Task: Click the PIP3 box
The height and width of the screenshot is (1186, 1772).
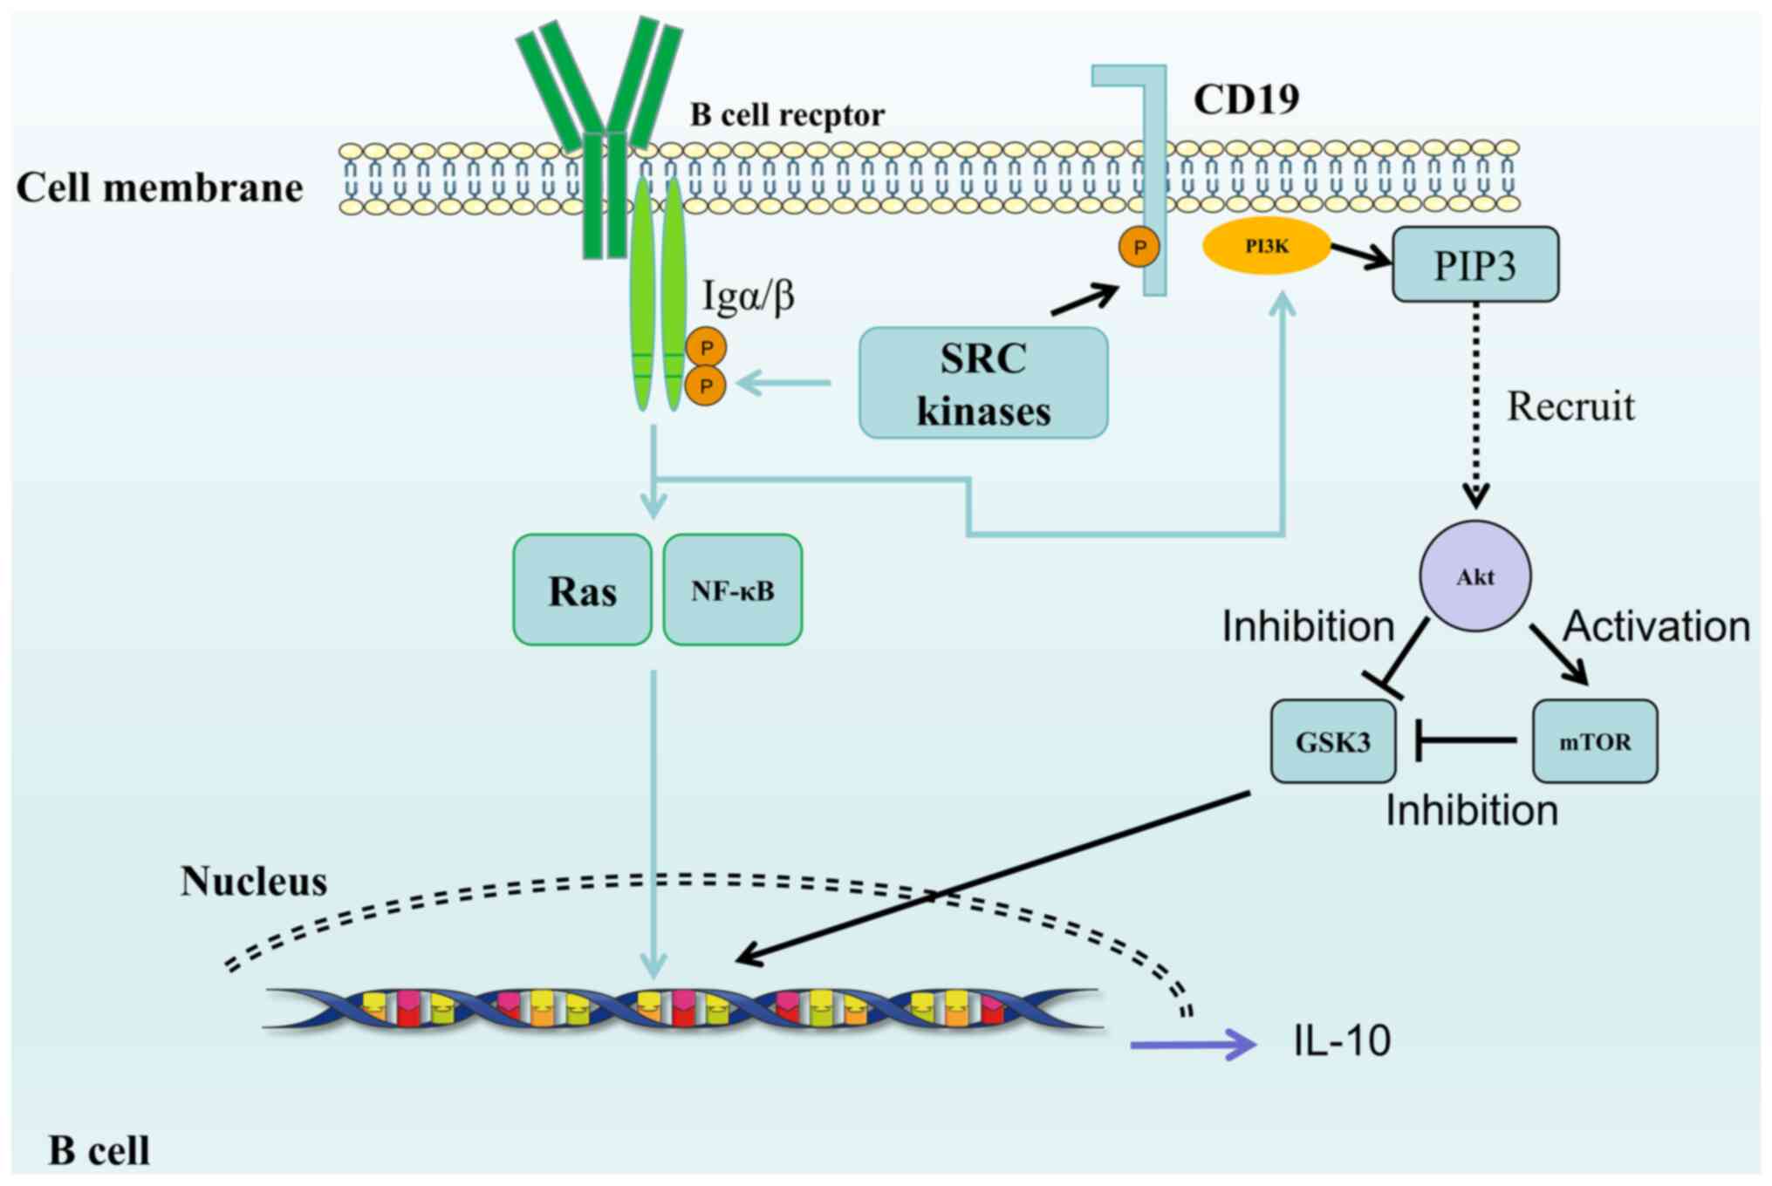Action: tap(1474, 265)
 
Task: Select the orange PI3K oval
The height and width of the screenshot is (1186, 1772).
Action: tap(1266, 247)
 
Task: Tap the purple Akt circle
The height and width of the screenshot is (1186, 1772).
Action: tap(1474, 576)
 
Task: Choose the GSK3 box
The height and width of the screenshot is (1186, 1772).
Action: tap(1332, 741)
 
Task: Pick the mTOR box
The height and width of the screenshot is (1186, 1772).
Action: tap(1594, 741)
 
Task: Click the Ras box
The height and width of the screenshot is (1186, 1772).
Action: tap(582, 590)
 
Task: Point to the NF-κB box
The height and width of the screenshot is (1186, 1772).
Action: tap(732, 590)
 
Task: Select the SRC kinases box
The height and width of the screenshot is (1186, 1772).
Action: tap(983, 384)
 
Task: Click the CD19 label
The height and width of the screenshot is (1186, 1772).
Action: tap(1246, 99)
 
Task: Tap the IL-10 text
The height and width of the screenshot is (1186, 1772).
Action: tap(1342, 1040)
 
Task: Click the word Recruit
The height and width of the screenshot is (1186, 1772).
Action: tap(1570, 406)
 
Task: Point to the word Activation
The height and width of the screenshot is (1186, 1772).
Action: tap(1656, 626)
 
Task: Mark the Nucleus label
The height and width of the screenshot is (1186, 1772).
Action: tap(254, 882)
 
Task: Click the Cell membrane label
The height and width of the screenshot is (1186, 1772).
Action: tap(160, 187)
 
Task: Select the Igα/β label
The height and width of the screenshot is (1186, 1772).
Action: tap(749, 296)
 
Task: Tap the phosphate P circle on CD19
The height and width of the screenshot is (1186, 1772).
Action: tap(1139, 247)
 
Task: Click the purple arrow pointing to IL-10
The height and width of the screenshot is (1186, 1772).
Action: tap(1192, 1044)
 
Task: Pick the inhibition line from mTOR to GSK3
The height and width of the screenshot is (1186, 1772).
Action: tap(1466, 740)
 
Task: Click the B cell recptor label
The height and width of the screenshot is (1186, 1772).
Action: tap(787, 114)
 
